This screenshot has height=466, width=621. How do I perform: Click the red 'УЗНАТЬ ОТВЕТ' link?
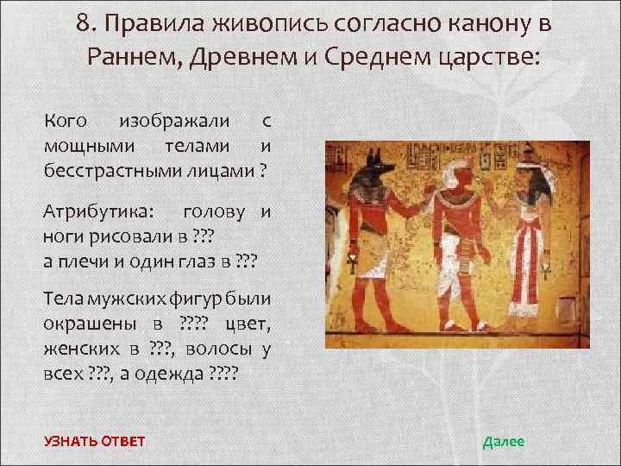coord(95,442)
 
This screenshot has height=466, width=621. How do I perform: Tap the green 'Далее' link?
coord(503,442)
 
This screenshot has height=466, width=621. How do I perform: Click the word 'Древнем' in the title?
coord(225,58)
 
